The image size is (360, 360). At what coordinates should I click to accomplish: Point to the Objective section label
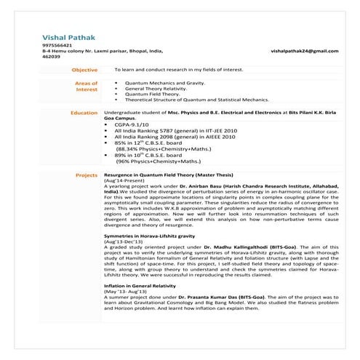point(84,70)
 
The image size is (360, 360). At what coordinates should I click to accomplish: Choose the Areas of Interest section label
point(87,87)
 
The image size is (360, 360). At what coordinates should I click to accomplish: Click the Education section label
point(84,113)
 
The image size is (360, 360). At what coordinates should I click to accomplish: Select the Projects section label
point(87,175)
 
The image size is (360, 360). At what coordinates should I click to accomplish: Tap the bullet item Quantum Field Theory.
point(153,94)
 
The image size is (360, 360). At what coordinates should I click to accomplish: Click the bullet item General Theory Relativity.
point(158,88)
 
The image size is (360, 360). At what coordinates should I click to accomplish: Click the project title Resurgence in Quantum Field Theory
point(169,175)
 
